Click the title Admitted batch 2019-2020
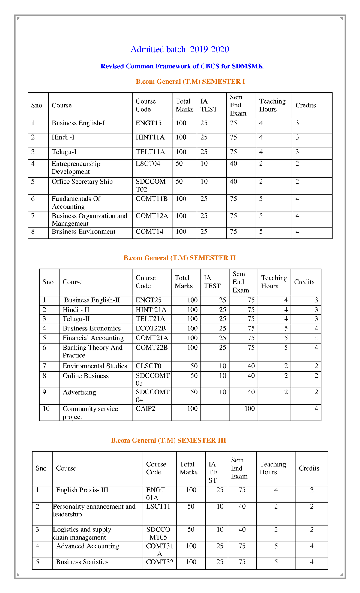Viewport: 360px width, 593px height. click(180, 49)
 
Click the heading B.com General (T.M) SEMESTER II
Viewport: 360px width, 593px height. click(179, 258)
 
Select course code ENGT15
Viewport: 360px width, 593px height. click(148, 123)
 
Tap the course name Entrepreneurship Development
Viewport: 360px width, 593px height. click(76, 168)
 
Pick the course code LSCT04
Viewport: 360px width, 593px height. click(148, 164)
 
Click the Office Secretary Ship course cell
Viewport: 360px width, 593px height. click(82, 182)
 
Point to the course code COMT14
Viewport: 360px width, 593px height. click(149, 232)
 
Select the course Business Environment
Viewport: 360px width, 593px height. click(83, 232)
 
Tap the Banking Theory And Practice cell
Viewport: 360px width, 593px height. click(92, 351)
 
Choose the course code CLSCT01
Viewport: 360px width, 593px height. click(150, 366)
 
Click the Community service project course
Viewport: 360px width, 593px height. click(90, 413)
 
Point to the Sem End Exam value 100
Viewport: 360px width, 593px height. click(249, 409)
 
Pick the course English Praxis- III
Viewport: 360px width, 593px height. click(82, 490)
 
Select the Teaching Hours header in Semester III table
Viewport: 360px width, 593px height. click(273, 468)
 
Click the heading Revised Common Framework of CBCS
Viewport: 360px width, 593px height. click(182, 66)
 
